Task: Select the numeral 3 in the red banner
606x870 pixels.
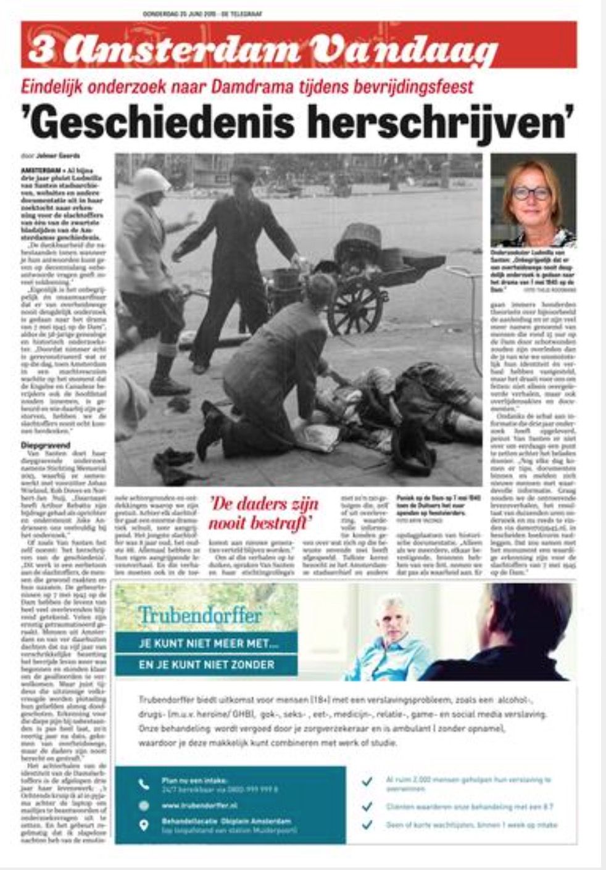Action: [x=41, y=50]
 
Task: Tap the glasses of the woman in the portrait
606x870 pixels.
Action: [x=531, y=193]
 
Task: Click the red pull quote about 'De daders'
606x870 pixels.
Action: [x=263, y=513]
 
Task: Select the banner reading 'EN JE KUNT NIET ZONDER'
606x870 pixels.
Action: [x=206, y=665]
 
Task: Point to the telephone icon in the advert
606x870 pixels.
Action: [x=144, y=784]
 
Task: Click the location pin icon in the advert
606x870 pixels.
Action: [x=144, y=825]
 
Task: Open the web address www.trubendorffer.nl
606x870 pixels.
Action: [x=200, y=805]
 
